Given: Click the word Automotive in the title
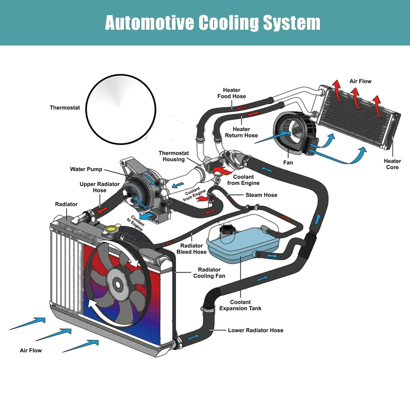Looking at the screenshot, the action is tap(149, 23).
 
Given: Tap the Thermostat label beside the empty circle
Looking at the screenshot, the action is tap(65, 108).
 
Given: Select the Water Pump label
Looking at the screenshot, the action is tap(86, 169).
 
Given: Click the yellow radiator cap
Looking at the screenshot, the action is tap(112, 229).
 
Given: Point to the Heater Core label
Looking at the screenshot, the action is tap(392, 164).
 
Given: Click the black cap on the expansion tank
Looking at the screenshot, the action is tap(227, 230).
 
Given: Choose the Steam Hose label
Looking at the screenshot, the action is tap(261, 195).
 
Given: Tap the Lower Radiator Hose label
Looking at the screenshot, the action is tap(255, 330).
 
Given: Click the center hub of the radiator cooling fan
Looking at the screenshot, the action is tap(117, 285).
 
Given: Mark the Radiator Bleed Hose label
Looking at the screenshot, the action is tap(191, 249).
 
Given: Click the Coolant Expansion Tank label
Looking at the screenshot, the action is tap(240, 305).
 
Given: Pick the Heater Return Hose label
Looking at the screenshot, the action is tap(241, 132).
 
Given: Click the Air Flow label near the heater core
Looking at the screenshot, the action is tap(360, 81).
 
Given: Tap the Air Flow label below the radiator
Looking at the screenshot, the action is tap(31, 351).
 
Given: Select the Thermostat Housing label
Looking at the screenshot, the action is tap(174, 156).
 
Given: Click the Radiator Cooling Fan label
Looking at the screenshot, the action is tap(209, 273).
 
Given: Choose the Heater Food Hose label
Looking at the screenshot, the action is tap(232, 93).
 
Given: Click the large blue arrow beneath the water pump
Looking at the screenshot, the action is tap(147, 216).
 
